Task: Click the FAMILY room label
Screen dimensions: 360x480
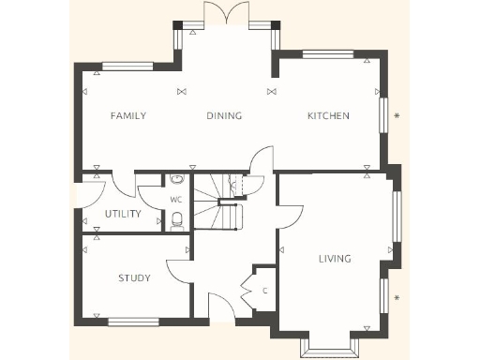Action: (128, 116)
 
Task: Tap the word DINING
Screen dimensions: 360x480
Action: (224, 116)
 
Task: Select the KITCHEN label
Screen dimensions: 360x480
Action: (328, 116)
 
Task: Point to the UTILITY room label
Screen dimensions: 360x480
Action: (123, 214)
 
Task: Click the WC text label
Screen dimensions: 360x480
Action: (175, 201)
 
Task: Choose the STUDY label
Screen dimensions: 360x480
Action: (134, 277)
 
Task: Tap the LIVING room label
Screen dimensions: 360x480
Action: (334, 259)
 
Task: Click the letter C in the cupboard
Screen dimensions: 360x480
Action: (264, 291)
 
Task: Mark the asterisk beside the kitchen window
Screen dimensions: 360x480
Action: (397, 116)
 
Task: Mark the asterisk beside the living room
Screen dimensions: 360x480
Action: (397, 298)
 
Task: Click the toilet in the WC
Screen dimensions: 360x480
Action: (176, 219)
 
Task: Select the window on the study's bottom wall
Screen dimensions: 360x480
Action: (133, 322)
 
